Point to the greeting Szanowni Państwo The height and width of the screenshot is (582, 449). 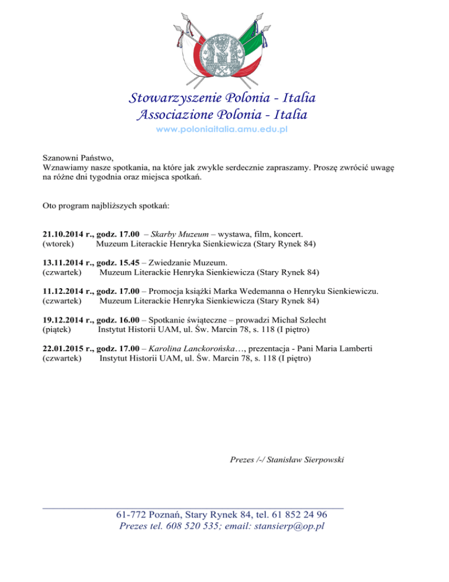(x=78, y=158)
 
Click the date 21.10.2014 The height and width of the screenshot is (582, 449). (x=64, y=233)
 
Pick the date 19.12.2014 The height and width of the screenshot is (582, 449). (x=64, y=320)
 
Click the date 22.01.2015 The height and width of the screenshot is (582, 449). (x=64, y=348)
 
